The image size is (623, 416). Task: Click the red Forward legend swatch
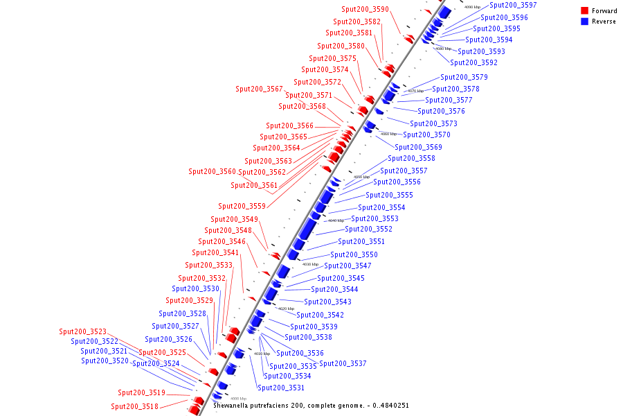585,11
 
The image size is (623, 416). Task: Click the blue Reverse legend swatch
585,21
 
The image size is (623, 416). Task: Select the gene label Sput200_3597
512,6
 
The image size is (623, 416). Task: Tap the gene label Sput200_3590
365,10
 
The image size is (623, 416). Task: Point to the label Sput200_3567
260,89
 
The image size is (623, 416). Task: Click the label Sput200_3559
242,206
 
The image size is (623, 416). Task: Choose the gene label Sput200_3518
135,406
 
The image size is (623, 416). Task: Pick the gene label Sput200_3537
343,363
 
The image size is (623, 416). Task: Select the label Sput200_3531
281,388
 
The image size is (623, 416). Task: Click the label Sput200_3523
83,331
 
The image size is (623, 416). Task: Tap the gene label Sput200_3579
464,77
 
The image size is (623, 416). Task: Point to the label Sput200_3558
411,158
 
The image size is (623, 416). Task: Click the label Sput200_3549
235,219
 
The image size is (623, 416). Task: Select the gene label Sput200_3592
473,62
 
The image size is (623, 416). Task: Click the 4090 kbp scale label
472,7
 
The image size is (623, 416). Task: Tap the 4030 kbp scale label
311,264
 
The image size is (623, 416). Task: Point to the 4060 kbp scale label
389,134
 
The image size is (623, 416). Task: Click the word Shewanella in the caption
231,405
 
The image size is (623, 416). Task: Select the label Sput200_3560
213,171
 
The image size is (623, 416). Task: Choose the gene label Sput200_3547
347,266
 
